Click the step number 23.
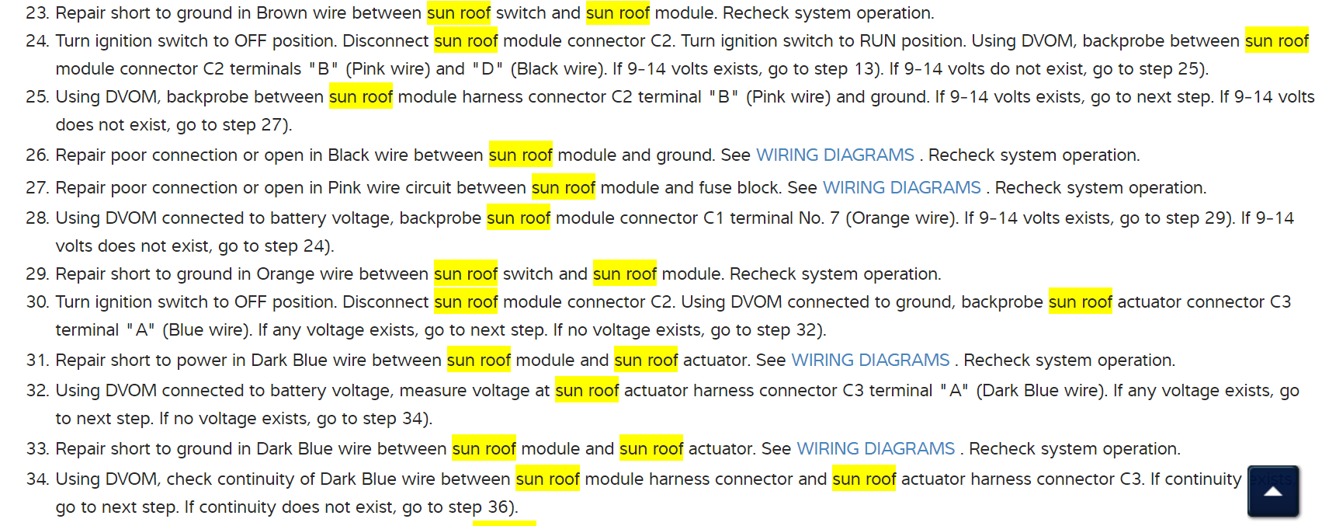pos(36,13)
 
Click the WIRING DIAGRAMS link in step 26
pos(834,155)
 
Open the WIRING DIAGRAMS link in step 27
pos(901,188)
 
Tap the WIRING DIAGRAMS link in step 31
pos(870,361)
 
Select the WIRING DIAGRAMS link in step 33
pos(876,449)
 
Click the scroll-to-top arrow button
pos(1272,491)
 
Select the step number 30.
pos(36,302)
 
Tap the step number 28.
pos(36,218)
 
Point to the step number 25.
pos(36,97)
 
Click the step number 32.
pos(36,391)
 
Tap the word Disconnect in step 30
pos(385,302)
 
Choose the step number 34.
pos(36,479)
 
